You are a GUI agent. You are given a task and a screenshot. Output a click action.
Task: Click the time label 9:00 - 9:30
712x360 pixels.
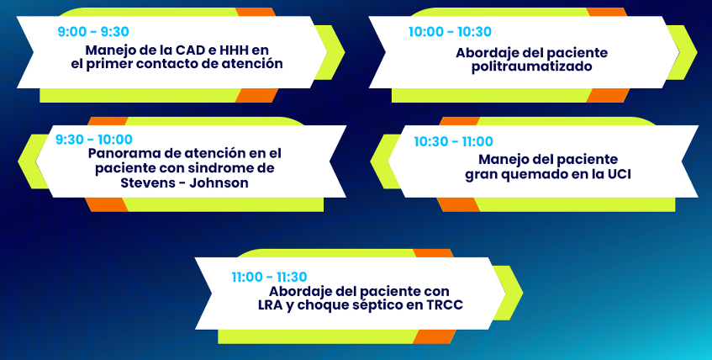pyautogui.click(x=93, y=32)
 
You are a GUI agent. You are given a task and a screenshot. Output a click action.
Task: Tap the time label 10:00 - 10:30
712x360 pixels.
pyautogui.click(x=450, y=32)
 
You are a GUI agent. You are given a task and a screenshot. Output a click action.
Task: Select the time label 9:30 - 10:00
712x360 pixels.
pyautogui.click(x=94, y=139)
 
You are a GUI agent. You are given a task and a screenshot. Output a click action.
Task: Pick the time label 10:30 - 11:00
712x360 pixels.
pyautogui.click(x=453, y=142)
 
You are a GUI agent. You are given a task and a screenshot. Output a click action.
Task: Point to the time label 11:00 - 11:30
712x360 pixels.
pyautogui.click(x=269, y=277)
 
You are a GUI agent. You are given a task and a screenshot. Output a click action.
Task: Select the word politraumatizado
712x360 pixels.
pyautogui.click(x=532, y=66)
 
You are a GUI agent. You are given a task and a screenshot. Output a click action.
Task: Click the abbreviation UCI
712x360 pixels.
pyautogui.click(x=620, y=174)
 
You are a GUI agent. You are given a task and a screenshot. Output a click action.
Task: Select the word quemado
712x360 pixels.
pyautogui.click(x=532, y=175)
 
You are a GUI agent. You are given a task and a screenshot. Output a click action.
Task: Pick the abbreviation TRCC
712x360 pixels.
pyautogui.click(x=445, y=305)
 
